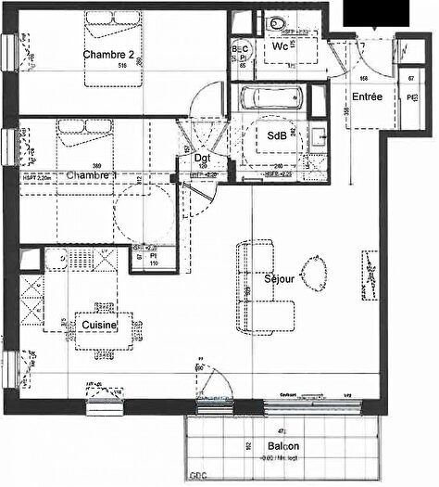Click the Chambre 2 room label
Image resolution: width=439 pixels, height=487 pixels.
coord(110,55)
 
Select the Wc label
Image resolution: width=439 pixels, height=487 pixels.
coord(281,45)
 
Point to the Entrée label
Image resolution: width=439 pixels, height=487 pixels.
coord(367,96)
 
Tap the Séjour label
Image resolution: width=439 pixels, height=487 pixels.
coord(280,277)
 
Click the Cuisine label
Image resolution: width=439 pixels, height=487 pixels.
coord(97,327)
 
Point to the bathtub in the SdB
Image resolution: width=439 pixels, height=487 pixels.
coord(274,98)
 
